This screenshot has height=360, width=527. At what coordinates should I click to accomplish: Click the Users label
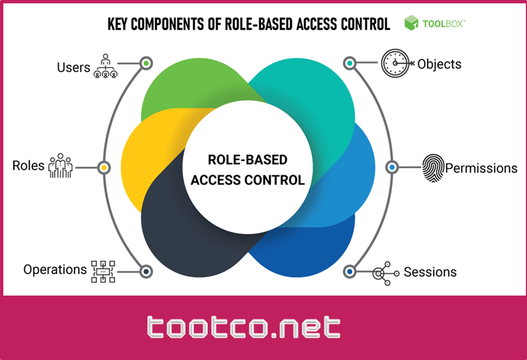pyautogui.click(x=73, y=67)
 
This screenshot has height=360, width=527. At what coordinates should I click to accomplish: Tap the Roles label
pyautogui.click(x=28, y=165)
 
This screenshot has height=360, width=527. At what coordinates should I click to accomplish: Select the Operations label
pyautogui.click(x=55, y=269)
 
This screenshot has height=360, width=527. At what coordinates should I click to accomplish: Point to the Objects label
pyautogui.click(x=439, y=63)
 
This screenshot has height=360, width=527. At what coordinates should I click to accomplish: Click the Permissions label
pyautogui.click(x=481, y=167)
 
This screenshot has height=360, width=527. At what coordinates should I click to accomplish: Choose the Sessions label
pyautogui.click(x=430, y=272)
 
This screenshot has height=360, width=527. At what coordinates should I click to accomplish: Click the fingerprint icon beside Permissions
pyautogui.click(x=434, y=167)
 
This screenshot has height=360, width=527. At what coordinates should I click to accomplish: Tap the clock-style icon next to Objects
pyautogui.click(x=395, y=63)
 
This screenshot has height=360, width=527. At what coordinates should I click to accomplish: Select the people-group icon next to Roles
pyautogui.click(x=61, y=166)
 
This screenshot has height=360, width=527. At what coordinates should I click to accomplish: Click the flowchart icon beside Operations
pyautogui.click(x=103, y=271)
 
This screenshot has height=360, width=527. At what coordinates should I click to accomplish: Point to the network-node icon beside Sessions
pyautogui.click(x=384, y=273)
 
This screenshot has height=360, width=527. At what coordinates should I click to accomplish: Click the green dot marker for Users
pyautogui.click(x=146, y=63)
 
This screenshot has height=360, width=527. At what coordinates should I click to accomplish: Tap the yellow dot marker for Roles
pyautogui.click(x=103, y=167)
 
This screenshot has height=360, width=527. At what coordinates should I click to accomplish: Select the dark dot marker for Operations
pyautogui.click(x=146, y=271)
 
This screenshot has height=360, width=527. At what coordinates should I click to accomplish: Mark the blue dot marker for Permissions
pyautogui.click(x=392, y=167)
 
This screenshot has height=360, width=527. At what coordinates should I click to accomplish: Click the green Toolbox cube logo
pyautogui.click(x=411, y=23)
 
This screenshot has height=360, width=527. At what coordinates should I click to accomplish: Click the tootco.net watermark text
pyautogui.click(x=244, y=328)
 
